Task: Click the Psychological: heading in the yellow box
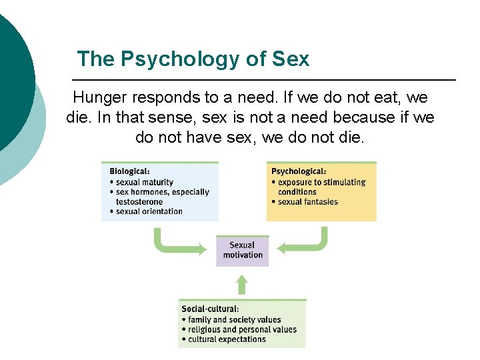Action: tap(299, 171)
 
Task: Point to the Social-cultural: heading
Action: tap(210, 309)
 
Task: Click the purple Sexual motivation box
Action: tap(242, 250)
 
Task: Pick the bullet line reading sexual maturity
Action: tap(144, 182)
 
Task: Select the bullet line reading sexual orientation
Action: tap(149, 211)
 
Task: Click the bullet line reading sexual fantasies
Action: tap(308, 202)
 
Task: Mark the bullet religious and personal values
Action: tap(242, 329)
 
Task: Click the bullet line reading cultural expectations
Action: tap(227, 339)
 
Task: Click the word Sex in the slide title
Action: tap(291, 59)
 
